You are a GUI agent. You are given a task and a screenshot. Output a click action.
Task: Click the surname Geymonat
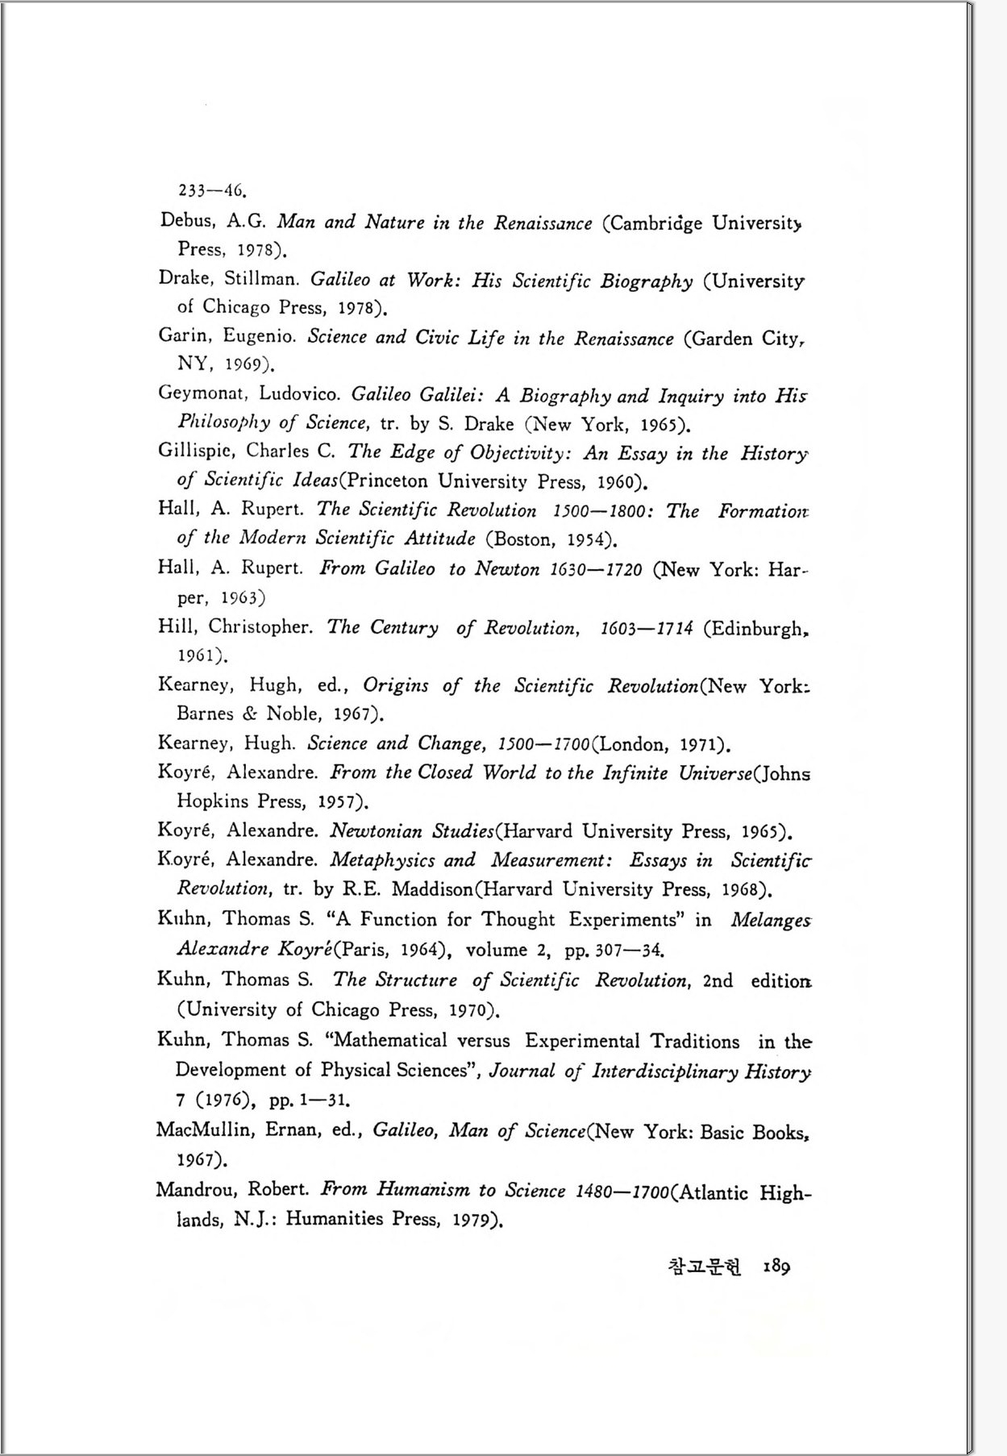pos(202,393)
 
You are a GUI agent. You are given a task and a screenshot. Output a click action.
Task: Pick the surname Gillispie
pos(198,451)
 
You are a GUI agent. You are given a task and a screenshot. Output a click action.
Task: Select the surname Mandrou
pos(197,1188)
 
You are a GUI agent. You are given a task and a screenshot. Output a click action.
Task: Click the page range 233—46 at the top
pos(211,190)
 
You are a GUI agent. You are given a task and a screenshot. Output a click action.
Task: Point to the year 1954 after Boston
pos(589,539)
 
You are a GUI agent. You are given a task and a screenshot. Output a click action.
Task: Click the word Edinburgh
pos(757,628)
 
